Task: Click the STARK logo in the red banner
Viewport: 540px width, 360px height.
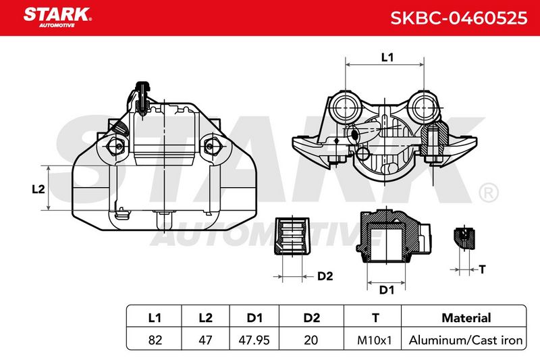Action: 57,18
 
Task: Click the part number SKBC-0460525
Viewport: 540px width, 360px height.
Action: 459,18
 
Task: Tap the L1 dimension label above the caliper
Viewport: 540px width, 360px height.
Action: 387,57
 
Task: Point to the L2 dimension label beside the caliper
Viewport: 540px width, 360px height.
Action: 38,189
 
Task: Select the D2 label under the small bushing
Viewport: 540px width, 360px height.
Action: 325,276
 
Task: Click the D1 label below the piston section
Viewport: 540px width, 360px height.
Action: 386,290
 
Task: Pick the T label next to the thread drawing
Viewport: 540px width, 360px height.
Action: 482,269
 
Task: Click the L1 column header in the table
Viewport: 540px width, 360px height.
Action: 155,317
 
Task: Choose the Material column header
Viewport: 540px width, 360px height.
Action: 466,317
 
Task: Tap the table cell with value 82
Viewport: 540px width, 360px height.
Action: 155,340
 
